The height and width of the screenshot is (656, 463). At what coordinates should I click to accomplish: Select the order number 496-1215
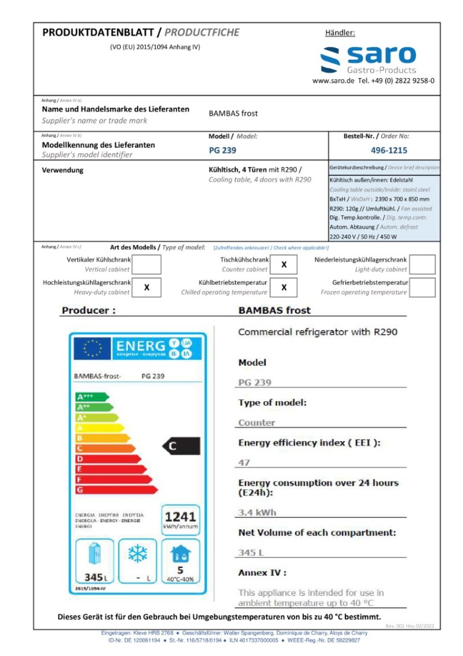pyautogui.click(x=388, y=150)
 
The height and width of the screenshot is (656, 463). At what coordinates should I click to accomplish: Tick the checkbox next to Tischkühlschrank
pyautogui.click(x=284, y=265)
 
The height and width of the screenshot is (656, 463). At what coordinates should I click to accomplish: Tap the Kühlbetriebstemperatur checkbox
pyautogui.click(x=284, y=287)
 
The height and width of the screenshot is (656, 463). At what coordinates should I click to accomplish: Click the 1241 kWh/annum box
pyautogui.click(x=181, y=519)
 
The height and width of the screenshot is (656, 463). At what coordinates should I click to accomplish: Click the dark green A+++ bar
pyautogui.click(x=91, y=397)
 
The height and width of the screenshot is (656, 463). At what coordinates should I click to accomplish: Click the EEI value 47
pyautogui.click(x=244, y=463)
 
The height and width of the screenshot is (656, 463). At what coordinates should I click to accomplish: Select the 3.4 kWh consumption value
pyautogui.click(x=258, y=512)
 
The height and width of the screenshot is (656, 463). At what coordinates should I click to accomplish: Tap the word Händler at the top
pyautogui.click(x=340, y=33)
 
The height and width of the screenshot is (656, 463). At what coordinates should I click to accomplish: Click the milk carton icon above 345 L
pyautogui.click(x=94, y=555)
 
